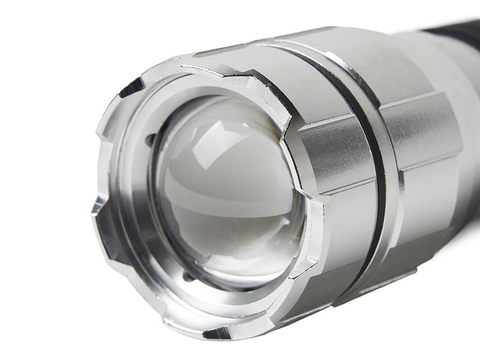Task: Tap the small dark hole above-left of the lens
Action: tap(150, 140)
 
